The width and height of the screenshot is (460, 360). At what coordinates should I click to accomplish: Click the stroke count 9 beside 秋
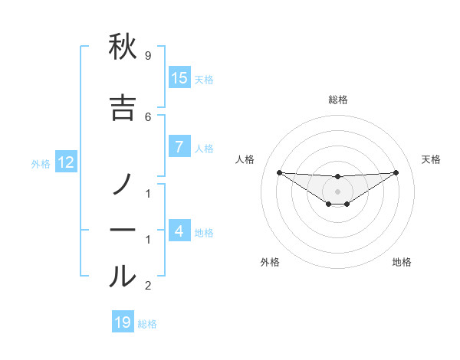click(x=147, y=56)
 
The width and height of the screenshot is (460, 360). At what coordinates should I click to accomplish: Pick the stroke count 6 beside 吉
click(x=147, y=116)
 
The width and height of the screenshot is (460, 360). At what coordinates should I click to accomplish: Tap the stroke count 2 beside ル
click(x=147, y=286)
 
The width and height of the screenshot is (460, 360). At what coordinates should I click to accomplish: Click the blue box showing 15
click(x=179, y=78)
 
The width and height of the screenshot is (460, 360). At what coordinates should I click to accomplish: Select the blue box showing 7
click(x=179, y=147)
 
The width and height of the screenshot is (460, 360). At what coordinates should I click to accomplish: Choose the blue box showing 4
click(x=179, y=231)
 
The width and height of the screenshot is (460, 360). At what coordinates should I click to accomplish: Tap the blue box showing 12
click(x=66, y=162)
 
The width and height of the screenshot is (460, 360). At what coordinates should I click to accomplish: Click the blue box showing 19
click(x=123, y=322)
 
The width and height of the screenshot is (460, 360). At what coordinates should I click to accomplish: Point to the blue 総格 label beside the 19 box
click(x=147, y=324)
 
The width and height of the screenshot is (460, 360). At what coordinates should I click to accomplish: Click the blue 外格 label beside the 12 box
click(x=41, y=163)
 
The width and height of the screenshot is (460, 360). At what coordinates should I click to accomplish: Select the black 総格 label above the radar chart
click(x=338, y=100)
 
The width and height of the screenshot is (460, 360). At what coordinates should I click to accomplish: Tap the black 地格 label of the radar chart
click(x=402, y=262)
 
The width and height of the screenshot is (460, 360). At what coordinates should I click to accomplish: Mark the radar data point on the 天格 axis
click(x=396, y=172)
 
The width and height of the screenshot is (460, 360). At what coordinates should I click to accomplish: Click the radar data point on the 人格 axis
click(x=279, y=172)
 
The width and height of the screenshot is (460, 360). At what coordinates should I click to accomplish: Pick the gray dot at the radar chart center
click(x=338, y=191)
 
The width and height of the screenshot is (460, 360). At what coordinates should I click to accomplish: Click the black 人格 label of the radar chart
click(x=245, y=159)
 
